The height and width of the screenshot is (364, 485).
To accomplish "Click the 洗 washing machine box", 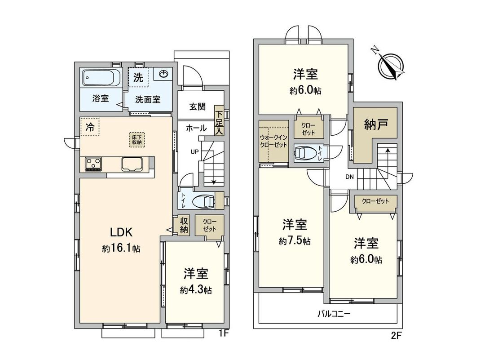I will click(x=138, y=77).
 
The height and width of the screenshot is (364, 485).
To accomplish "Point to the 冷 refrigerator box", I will click(x=90, y=127).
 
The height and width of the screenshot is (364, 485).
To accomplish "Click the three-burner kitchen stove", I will click(x=93, y=164).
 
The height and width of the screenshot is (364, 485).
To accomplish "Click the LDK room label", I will click(x=121, y=232).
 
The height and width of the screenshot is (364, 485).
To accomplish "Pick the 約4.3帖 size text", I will click(x=194, y=290).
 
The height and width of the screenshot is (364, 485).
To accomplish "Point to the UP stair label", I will click(x=194, y=151).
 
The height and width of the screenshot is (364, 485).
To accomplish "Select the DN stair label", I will click(x=349, y=177).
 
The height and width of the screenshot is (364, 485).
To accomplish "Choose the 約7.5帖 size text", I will click(x=294, y=241).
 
